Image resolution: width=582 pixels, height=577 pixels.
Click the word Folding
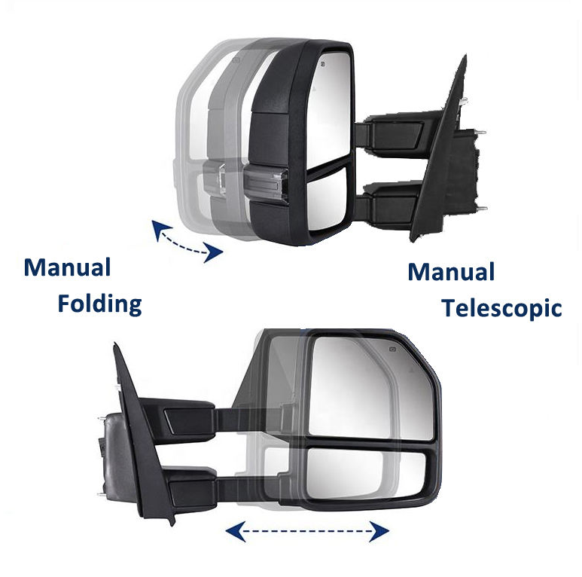(x=100, y=304)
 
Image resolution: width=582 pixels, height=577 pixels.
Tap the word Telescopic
(x=501, y=307)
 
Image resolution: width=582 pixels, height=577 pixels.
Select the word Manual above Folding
(x=67, y=267)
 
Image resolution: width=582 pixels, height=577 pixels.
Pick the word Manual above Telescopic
(x=451, y=272)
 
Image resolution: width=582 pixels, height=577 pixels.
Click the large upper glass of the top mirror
(x=328, y=105)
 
